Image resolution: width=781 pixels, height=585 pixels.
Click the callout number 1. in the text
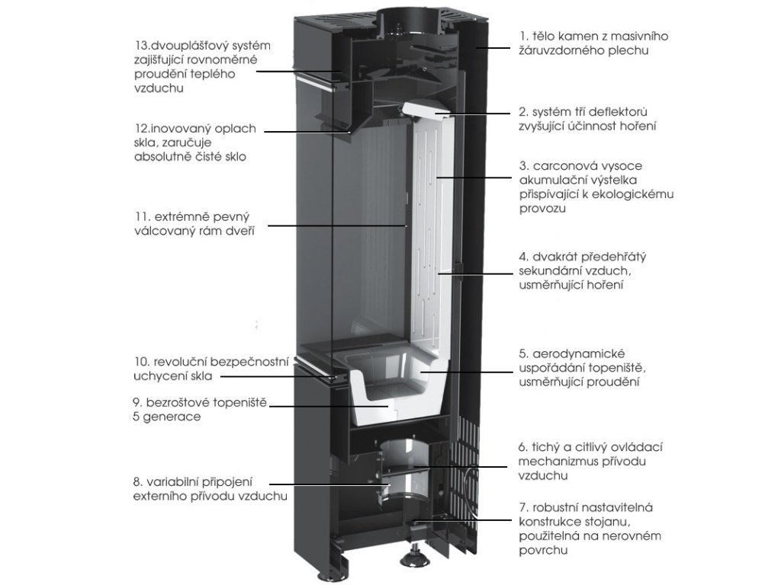[524, 36]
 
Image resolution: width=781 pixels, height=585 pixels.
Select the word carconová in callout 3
[563, 165]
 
